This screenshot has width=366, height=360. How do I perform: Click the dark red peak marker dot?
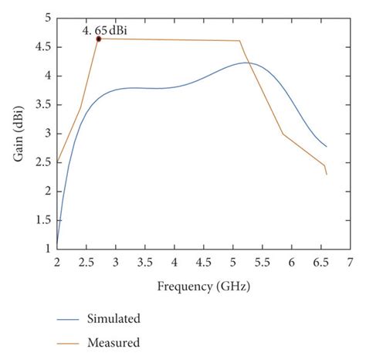pos(99,39)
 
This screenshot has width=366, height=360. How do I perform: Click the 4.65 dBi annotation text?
pos(105,30)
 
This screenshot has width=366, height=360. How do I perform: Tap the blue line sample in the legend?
pos(80,318)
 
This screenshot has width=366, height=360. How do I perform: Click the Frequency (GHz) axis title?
pos(203,286)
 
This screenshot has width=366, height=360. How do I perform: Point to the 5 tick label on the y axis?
pos(48,18)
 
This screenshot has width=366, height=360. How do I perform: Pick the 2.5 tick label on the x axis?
pos(86,263)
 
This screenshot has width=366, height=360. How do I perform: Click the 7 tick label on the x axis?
pos(350,263)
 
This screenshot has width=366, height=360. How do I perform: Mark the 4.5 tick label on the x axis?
pos(203,263)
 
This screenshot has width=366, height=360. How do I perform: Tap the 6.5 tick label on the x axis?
pos(320,263)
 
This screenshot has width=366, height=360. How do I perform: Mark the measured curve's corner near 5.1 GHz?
pos(239,41)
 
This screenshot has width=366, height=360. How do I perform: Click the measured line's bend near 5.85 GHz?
pos(283,134)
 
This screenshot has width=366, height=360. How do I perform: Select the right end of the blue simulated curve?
pos(326,146)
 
